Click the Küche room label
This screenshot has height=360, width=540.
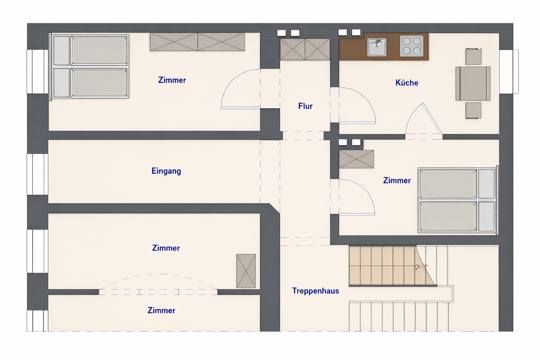pos(407,83)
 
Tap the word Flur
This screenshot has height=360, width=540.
pos(305,106)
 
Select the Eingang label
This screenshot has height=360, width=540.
pos(166,171)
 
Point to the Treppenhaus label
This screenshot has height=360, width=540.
pos(316,291)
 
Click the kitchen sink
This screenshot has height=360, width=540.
pos(377,47)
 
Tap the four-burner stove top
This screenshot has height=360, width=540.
pos(412,46)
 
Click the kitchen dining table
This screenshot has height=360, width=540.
pos(473,83)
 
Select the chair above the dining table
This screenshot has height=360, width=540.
pos(474,56)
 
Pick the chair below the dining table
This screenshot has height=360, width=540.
pos(474,111)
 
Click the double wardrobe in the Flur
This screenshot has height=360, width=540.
pos(305,49)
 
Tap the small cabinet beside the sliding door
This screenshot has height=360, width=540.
pos(246,271)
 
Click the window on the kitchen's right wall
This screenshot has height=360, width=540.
pos(509,72)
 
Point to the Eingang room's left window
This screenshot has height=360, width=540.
pos(37,174)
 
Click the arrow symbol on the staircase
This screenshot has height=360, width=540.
pos(421,267)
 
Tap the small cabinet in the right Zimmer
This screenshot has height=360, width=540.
pos(356,159)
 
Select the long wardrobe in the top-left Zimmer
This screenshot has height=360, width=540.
pos(198,42)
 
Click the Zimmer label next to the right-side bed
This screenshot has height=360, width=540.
pos(397,180)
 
